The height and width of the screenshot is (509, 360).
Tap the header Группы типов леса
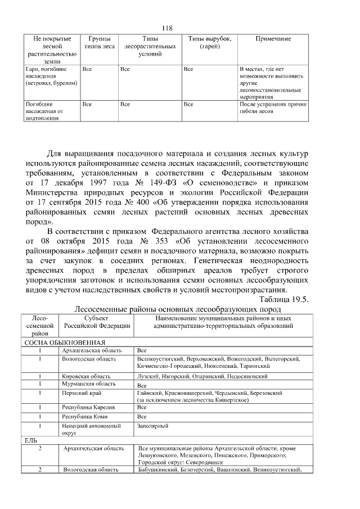click(x=99, y=43)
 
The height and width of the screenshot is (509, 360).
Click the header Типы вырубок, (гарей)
click(x=209, y=43)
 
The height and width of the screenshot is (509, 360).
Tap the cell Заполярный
click(x=152, y=426)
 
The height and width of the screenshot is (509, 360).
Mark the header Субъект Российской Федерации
click(x=96, y=322)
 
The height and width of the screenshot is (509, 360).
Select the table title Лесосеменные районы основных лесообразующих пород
click(x=178, y=309)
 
